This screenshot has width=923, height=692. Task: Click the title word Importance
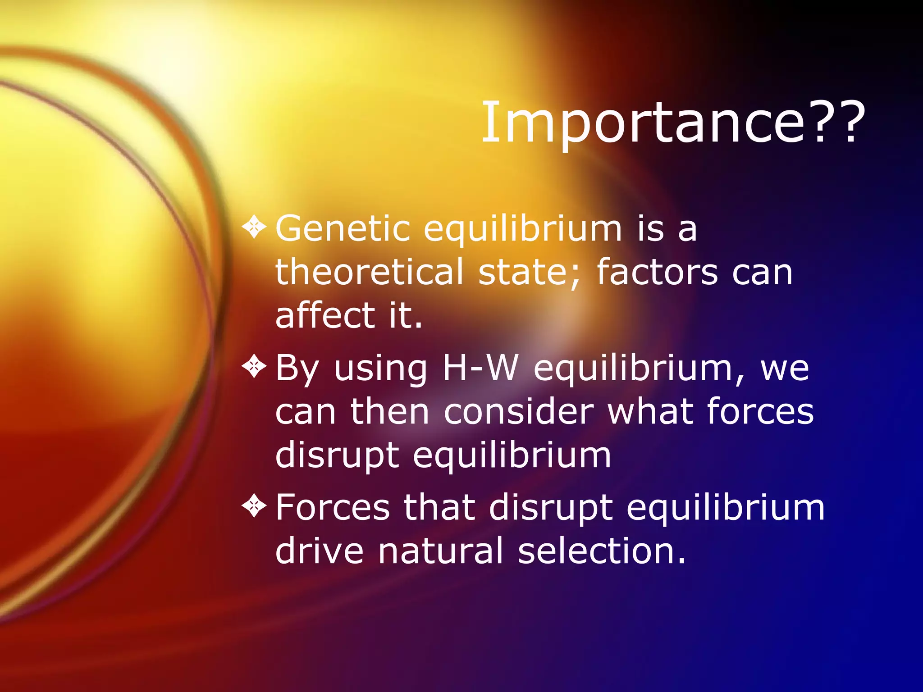pyautogui.click(x=644, y=123)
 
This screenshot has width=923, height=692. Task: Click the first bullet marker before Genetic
pyautogui.click(x=255, y=227)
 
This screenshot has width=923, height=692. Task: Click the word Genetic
pyautogui.click(x=343, y=229)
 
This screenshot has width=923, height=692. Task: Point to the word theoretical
pyautogui.click(x=369, y=272)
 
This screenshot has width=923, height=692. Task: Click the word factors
pyautogui.click(x=657, y=272)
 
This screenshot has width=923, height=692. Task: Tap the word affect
pyautogui.click(x=325, y=315)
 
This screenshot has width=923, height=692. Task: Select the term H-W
pyautogui.click(x=480, y=368)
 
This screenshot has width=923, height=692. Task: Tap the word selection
pyautogui.click(x=601, y=551)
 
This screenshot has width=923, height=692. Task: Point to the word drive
pyautogui.click(x=319, y=551)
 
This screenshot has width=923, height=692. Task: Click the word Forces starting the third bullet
pyautogui.click(x=333, y=507)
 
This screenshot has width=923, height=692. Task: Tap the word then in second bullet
pyautogui.click(x=390, y=411)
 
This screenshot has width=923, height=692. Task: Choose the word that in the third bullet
pyautogui.click(x=439, y=507)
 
